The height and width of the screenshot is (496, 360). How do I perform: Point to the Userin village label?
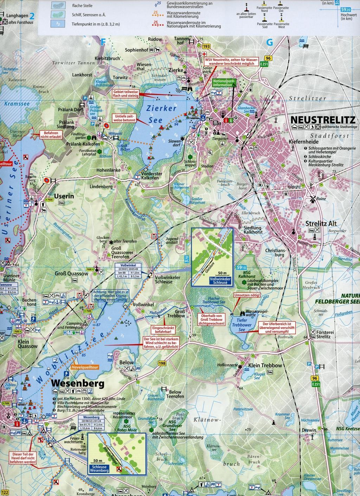click(x=64, y=196)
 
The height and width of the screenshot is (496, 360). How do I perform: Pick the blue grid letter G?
click(x=270, y=43)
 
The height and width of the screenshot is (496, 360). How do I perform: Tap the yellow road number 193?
click(x=206, y=46)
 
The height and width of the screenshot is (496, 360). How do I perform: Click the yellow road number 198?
click(x=162, y=363)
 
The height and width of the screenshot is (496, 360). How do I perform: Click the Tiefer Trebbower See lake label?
click(x=241, y=326)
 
